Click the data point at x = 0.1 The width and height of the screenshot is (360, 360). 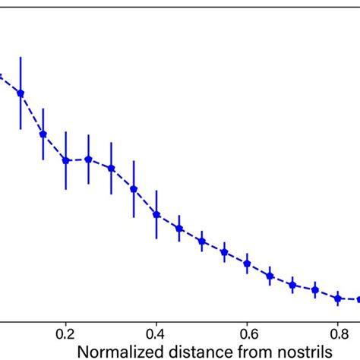click(21, 93)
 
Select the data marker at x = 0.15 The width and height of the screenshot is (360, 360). click(43, 134)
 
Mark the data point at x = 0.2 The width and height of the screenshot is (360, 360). click(66, 160)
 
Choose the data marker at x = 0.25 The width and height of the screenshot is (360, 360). click(89, 159)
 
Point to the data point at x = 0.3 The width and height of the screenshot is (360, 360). click(112, 168)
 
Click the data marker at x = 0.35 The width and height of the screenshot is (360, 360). click(134, 189)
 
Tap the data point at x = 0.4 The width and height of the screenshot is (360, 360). click(156, 214)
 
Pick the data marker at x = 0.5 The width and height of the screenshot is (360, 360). click(202, 242)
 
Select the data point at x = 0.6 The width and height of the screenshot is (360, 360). click(248, 264)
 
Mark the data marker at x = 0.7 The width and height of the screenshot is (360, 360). click(292, 285)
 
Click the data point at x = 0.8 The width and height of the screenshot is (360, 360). click(338, 298)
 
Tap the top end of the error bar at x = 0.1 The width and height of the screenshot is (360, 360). click(21, 57)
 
